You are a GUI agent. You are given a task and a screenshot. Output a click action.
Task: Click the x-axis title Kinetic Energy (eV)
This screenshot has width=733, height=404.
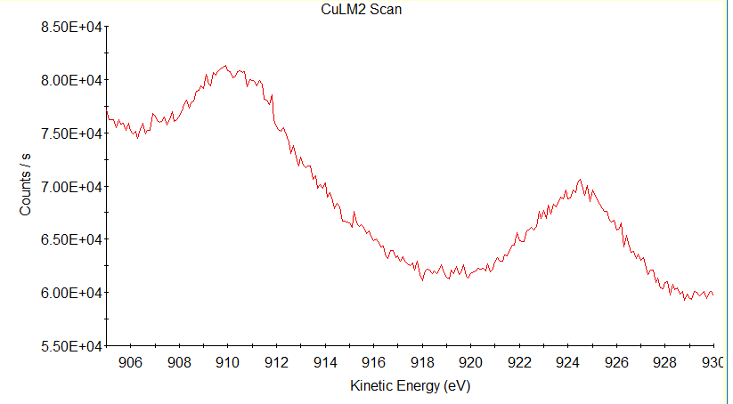407,386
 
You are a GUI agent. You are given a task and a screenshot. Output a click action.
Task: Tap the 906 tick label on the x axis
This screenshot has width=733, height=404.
130,362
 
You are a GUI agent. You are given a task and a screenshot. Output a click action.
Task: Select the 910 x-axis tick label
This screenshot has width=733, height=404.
227,362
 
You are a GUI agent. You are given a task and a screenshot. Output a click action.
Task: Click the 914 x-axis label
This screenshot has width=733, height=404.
325,362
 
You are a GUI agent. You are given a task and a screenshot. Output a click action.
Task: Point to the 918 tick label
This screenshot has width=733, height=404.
422,362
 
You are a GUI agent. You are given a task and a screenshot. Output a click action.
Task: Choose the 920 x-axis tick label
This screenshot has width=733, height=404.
470,362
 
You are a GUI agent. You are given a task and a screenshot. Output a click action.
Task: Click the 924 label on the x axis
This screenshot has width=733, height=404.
568,362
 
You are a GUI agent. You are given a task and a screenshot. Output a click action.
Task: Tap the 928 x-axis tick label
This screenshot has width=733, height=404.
665,362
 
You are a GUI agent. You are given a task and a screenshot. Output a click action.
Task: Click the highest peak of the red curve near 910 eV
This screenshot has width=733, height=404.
226,66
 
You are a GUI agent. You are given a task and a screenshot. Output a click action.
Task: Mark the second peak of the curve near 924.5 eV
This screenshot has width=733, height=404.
580,180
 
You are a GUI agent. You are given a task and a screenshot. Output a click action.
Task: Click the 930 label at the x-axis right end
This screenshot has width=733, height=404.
712,362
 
